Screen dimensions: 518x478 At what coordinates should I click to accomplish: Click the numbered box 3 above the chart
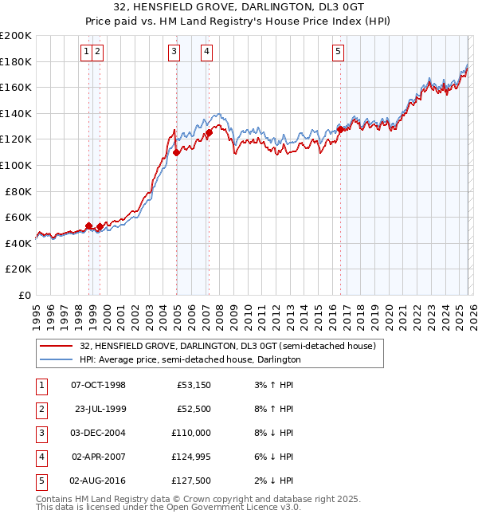tap(174, 53)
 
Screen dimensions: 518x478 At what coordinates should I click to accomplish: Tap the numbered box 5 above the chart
tap(339, 53)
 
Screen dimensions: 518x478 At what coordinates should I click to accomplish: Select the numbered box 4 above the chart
tap(206, 53)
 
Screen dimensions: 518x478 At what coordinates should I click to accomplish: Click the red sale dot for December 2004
tap(176, 152)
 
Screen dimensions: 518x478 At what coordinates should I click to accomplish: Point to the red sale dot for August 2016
tap(341, 129)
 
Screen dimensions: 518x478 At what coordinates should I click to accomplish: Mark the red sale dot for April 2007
tap(209, 133)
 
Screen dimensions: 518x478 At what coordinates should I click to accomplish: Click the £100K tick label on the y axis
tap(16, 165)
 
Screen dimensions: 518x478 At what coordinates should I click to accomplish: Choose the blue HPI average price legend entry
tap(190, 359)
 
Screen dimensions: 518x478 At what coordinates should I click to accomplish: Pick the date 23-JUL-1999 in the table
tap(100, 409)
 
